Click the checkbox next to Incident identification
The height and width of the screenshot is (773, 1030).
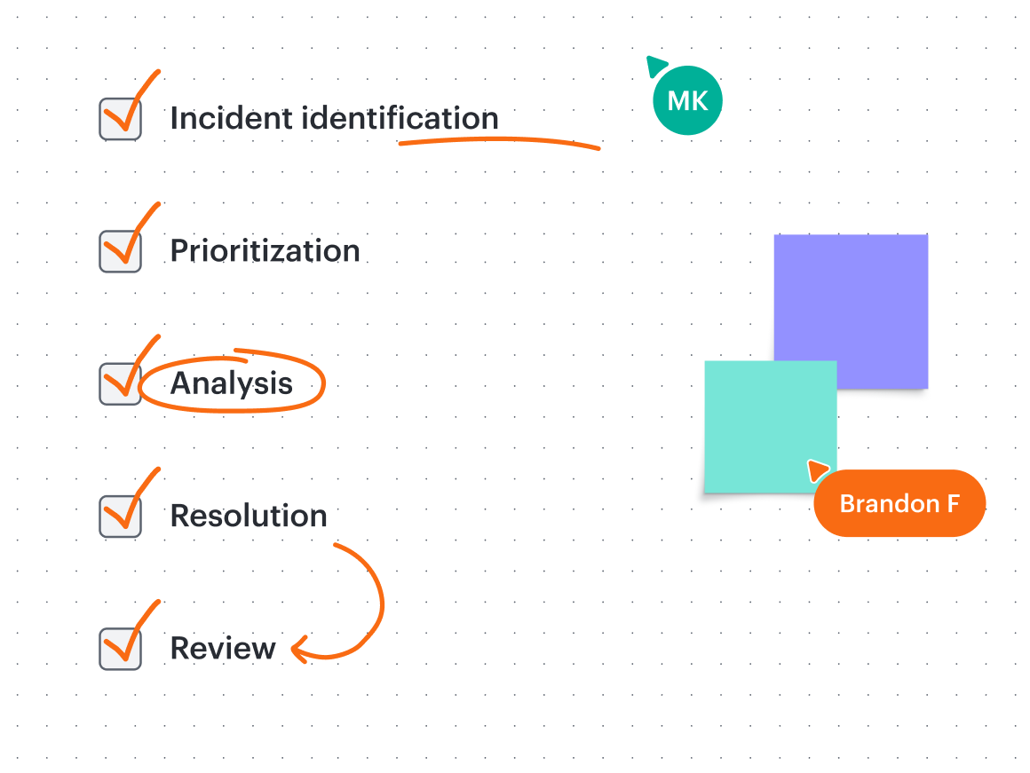click(120, 119)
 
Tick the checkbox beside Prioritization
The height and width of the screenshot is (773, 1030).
click(120, 251)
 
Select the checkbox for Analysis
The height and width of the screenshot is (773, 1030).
click(120, 384)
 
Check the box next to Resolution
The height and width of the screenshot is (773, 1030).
click(120, 517)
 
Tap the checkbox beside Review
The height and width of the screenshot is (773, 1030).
click(120, 649)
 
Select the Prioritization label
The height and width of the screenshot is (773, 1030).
click(265, 251)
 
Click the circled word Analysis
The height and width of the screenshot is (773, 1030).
click(231, 383)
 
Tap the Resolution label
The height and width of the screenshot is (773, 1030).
click(249, 516)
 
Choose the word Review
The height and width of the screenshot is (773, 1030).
click(223, 648)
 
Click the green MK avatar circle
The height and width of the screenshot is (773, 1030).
click(688, 100)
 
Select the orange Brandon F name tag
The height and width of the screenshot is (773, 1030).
click(899, 503)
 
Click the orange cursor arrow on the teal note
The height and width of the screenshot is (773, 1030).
click(817, 469)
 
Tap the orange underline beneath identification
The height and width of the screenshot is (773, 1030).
click(499, 140)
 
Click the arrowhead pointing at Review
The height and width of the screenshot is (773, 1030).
click(299, 650)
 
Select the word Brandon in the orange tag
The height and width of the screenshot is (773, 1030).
click(890, 504)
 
